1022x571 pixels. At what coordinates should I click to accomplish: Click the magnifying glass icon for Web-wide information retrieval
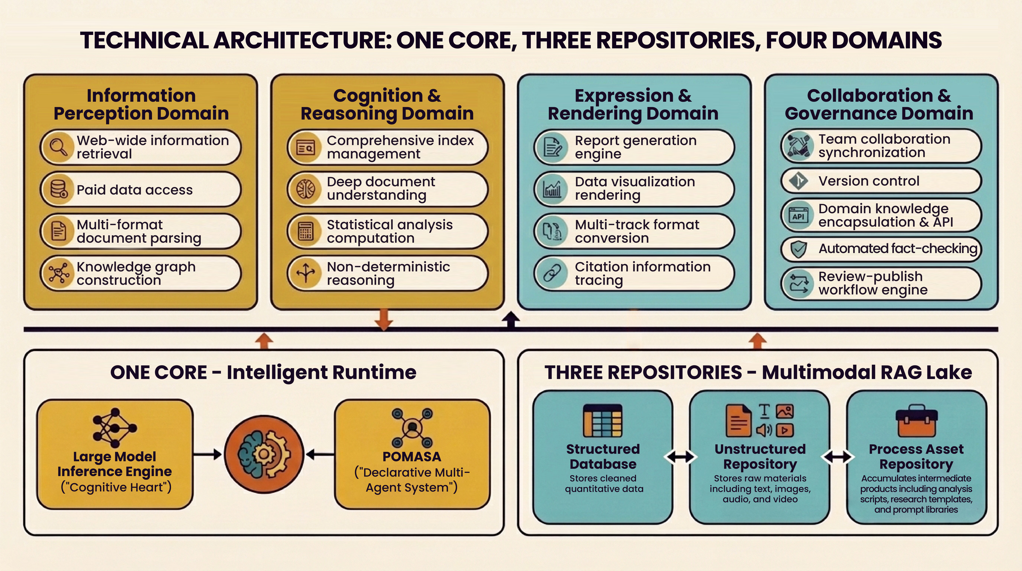(x=59, y=147)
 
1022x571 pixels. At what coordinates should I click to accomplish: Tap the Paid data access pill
(x=141, y=189)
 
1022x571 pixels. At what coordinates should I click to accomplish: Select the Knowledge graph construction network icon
(x=59, y=273)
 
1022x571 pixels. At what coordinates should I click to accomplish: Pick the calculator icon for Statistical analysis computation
(x=305, y=231)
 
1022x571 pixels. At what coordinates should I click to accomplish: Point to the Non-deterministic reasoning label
(x=388, y=273)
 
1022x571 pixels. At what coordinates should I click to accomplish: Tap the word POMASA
(x=412, y=457)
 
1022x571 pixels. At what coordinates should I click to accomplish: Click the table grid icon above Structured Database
(x=603, y=421)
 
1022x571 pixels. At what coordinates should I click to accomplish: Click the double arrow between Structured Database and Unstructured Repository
(x=680, y=457)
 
